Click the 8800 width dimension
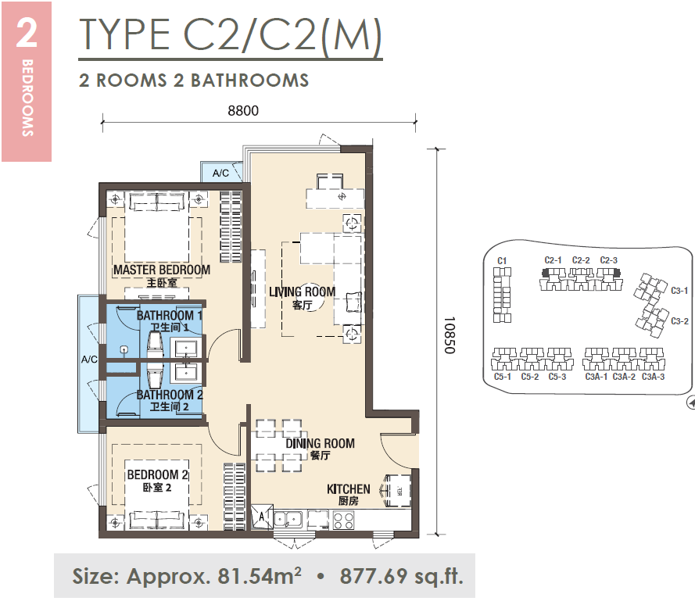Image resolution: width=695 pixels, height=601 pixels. [x=243, y=110]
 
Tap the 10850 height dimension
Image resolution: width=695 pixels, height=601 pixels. [x=449, y=335]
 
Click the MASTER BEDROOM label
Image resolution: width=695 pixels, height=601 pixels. [x=162, y=270]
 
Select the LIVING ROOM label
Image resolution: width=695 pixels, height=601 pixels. [x=303, y=292]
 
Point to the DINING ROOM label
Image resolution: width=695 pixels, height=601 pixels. [x=320, y=443]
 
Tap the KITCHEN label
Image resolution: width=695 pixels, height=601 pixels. [x=349, y=489]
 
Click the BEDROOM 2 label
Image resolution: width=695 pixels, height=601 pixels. [x=157, y=474]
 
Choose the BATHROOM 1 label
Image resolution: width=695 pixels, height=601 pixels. [x=170, y=315]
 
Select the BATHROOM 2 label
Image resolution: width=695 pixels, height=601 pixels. [x=170, y=395]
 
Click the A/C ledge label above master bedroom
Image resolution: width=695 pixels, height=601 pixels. [x=220, y=173]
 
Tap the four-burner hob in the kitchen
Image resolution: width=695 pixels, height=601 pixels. [x=343, y=520]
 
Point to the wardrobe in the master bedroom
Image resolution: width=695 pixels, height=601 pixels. [x=231, y=227]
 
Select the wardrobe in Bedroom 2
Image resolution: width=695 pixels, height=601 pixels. [x=235, y=496]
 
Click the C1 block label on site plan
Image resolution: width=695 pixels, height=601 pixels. [x=502, y=260]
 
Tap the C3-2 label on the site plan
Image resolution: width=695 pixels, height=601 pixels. [x=679, y=321]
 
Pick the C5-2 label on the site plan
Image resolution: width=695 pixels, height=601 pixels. [x=530, y=377]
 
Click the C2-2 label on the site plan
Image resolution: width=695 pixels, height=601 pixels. [x=581, y=260]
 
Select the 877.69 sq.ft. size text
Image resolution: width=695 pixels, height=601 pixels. [x=402, y=576]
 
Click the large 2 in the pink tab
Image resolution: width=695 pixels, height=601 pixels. [x=27, y=34]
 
